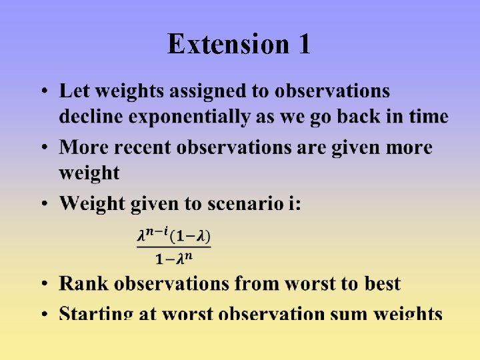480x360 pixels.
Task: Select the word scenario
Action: click(x=244, y=203)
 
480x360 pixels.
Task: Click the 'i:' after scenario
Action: click(x=294, y=203)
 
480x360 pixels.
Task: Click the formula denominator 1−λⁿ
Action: click(x=174, y=258)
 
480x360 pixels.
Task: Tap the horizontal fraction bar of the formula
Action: click(x=174, y=247)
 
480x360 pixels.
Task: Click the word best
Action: click(x=382, y=283)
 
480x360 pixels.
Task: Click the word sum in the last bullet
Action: click(x=349, y=313)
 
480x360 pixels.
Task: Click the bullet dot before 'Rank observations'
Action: click(x=43, y=285)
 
